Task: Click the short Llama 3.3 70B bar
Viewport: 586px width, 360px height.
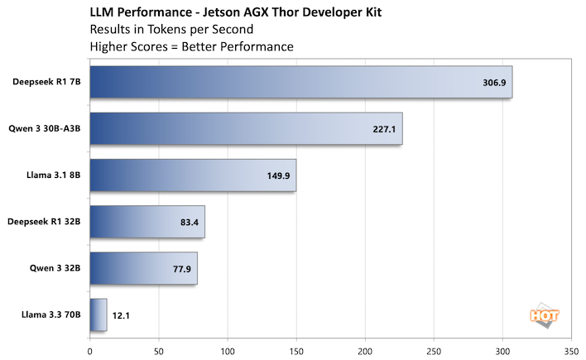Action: pos(98,314)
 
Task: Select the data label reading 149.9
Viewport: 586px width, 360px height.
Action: pos(278,175)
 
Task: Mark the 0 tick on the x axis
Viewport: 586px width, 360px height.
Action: pos(90,349)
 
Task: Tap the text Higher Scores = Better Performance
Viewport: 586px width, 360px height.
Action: pos(191,46)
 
